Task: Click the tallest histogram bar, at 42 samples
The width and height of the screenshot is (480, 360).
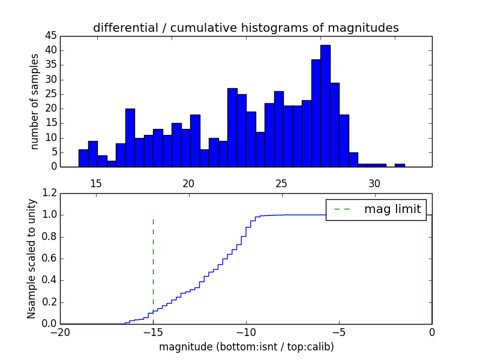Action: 325,106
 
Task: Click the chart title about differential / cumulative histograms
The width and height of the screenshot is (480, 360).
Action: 245,28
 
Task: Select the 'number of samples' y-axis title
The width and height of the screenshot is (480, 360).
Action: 35,101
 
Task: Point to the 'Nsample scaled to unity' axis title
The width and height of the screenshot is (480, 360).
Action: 31,259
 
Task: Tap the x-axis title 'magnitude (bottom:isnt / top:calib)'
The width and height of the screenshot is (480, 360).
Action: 245,347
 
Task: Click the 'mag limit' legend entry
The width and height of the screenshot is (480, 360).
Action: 376,209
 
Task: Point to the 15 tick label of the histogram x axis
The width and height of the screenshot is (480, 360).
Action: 96,183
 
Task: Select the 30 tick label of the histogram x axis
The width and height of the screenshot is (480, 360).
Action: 375,183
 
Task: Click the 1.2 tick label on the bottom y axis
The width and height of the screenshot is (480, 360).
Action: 48,193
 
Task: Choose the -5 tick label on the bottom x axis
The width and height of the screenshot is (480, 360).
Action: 339,333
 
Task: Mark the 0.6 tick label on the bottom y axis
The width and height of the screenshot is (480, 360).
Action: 48,259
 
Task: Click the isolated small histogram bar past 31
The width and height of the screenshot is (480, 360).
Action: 400,165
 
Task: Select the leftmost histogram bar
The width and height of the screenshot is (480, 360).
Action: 83,158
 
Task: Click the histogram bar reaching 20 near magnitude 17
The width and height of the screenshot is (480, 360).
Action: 130,138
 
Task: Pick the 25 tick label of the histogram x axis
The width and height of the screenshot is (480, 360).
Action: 282,183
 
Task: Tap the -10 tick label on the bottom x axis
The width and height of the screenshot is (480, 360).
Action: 246,333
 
